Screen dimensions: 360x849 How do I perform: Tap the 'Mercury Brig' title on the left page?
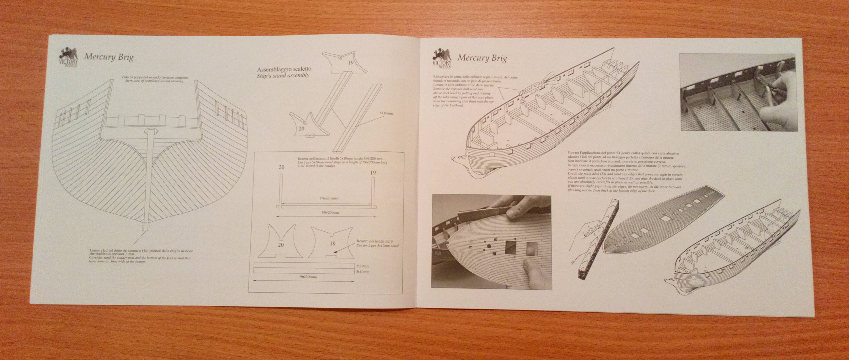[x=108, y=57]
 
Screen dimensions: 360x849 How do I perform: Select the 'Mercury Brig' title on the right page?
[x=482, y=58]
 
